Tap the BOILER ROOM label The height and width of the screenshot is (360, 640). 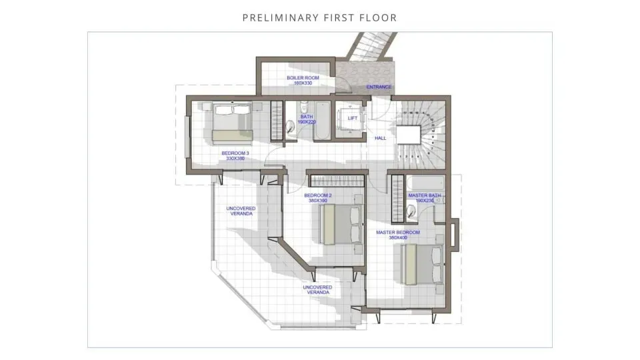(303, 78)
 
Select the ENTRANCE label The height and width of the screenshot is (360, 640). (379, 87)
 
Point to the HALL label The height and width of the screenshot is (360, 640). (381, 138)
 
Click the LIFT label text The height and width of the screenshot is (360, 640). (353, 119)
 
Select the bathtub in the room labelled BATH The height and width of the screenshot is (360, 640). (320, 122)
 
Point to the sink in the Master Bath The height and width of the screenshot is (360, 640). (412, 211)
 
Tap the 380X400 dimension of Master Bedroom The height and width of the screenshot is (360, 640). (398, 238)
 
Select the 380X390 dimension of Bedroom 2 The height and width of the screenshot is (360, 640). (317, 201)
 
